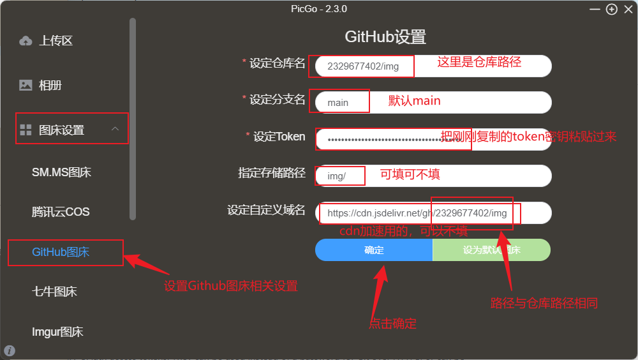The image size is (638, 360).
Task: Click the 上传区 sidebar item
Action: point(56,41)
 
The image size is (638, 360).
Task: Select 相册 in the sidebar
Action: point(50,85)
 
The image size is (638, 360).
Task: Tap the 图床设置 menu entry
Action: point(61,130)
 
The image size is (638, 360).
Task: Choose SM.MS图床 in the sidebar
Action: point(61,172)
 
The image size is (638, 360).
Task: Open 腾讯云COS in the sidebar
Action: point(61,212)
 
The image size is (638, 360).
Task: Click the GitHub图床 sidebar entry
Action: point(61,252)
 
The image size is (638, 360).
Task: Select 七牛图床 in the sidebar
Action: point(54,292)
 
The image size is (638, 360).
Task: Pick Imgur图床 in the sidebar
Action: point(57,332)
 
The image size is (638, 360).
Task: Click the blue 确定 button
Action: point(374,250)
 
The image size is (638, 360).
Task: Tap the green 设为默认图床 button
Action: point(491,250)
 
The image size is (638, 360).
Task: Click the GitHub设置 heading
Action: point(385,36)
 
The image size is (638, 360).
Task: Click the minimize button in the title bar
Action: point(595,9)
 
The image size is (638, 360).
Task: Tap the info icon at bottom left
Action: point(10,350)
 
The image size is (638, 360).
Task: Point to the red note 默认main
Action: point(414,101)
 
